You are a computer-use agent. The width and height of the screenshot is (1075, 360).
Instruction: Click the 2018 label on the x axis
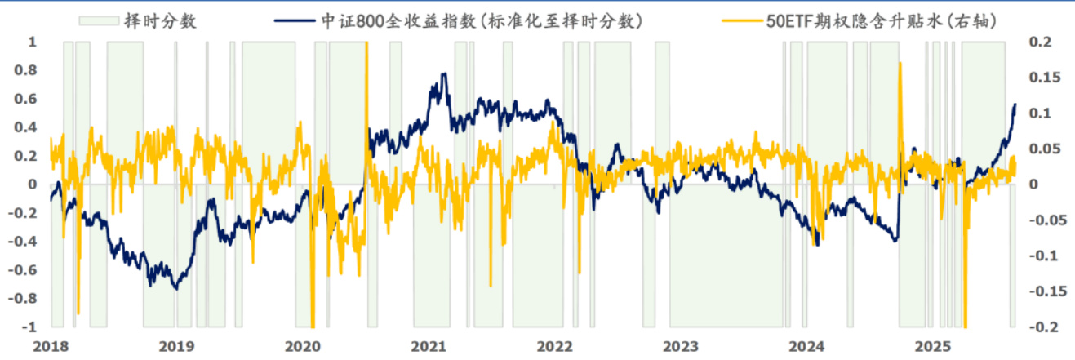(51, 345)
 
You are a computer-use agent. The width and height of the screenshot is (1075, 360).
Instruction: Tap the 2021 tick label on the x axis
(429, 345)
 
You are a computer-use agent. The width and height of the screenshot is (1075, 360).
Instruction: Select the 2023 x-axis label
(681, 345)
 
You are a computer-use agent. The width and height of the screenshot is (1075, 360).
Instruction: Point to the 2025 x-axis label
(932, 345)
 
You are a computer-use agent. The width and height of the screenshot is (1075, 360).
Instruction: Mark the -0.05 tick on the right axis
(1043, 220)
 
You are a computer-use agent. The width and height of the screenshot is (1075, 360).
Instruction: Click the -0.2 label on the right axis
(1041, 327)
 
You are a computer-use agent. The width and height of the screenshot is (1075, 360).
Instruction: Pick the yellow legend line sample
(738, 21)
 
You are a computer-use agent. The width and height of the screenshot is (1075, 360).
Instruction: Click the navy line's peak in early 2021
(444, 73)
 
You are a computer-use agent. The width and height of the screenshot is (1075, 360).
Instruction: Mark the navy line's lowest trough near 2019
(175, 288)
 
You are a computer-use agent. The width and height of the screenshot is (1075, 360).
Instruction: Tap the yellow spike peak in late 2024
(899, 64)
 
